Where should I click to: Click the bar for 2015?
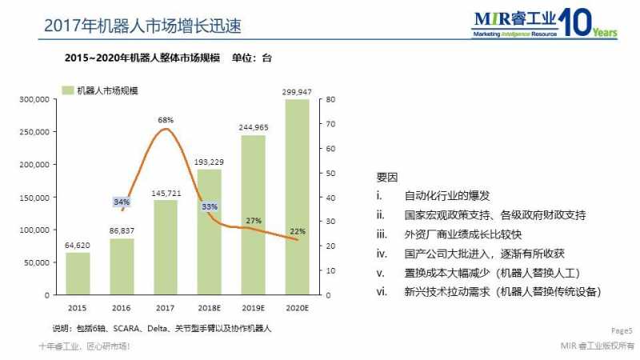78,274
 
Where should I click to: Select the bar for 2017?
166,247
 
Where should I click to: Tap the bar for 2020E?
297,197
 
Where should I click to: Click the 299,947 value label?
297,92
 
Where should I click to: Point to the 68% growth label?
166,120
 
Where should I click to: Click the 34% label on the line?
122,202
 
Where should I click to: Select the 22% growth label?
298,231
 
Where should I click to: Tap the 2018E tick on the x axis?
209,308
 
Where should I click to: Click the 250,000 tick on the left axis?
34,132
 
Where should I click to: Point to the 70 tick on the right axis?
330,124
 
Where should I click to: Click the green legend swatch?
68,90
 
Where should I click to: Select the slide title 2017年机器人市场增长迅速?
142,26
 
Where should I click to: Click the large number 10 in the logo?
575,22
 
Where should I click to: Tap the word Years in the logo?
605,32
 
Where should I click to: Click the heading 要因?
387,178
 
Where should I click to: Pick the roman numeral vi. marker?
382,292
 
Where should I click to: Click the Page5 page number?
622,330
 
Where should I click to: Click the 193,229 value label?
209,162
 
